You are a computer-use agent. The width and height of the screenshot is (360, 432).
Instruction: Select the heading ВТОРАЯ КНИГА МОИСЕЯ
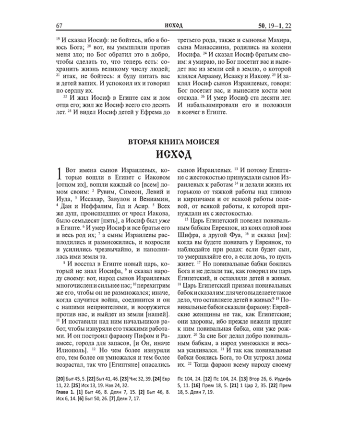pos(174,143)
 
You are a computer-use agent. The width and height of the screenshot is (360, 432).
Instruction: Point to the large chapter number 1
pos(60,174)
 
